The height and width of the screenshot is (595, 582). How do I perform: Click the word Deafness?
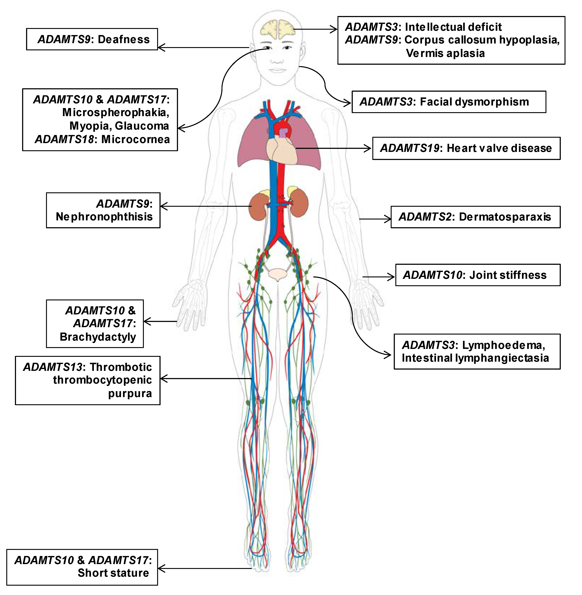(124, 39)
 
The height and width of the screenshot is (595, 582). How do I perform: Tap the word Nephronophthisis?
(104, 217)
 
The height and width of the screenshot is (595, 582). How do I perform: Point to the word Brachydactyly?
(98, 337)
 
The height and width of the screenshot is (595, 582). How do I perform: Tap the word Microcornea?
(135, 139)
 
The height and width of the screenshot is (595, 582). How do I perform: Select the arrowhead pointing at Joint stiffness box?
(392, 277)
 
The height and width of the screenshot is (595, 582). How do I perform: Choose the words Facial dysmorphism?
(474, 102)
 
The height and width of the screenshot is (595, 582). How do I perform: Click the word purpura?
(130, 393)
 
